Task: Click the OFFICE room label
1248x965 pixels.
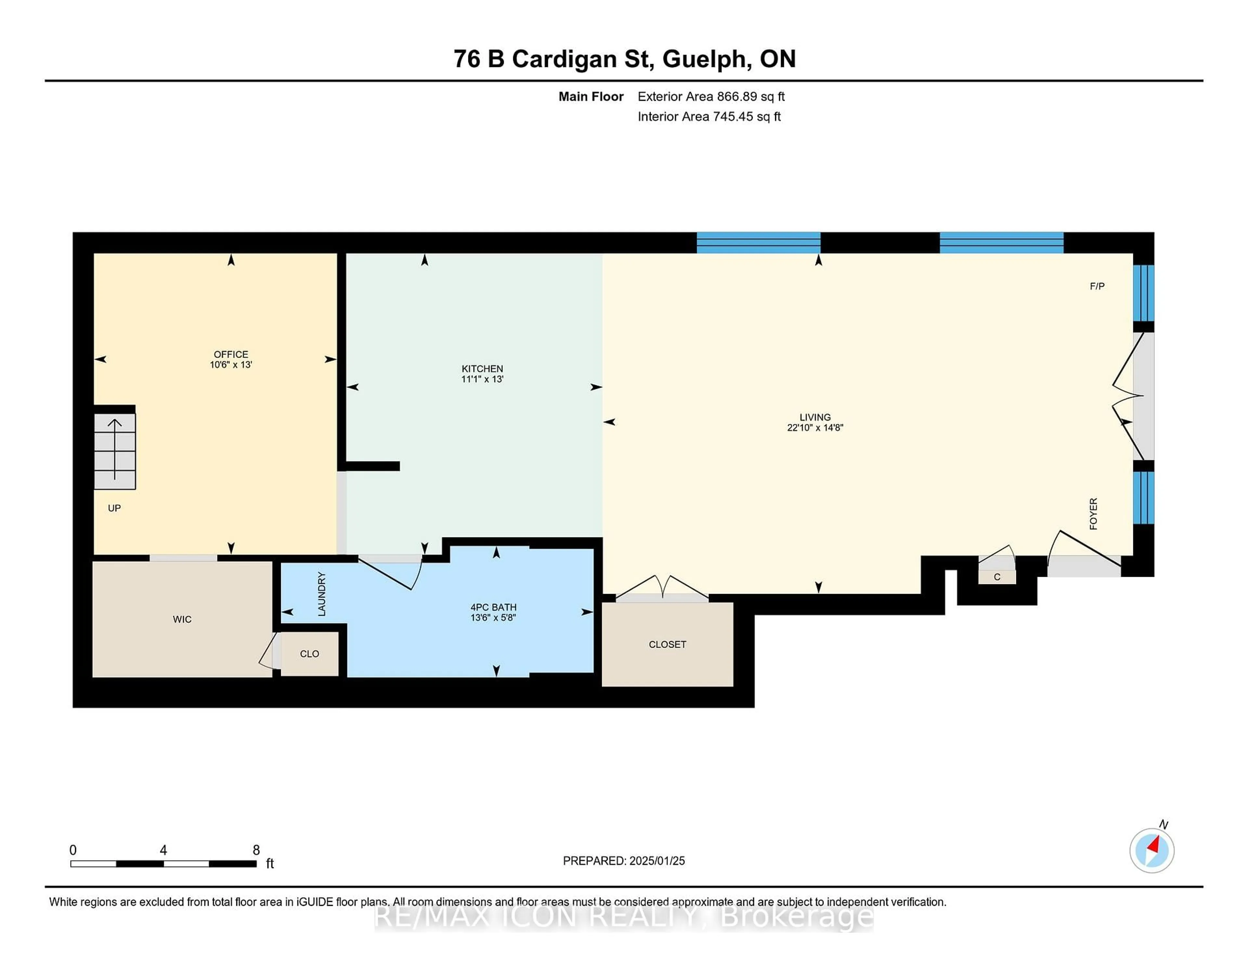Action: [x=231, y=354]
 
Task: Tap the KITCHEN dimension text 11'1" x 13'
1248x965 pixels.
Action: [x=482, y=379]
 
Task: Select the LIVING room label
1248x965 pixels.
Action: [x=815, y=417]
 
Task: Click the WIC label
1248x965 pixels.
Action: [x=182, y=619]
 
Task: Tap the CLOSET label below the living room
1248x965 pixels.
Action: [x=668, y=644]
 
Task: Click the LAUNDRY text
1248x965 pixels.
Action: [x=322, y=594]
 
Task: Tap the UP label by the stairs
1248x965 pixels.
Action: [x=114, y=508]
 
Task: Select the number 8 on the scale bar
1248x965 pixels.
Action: [x=256, y=850]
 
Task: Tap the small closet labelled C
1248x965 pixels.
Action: [x=997, y=577]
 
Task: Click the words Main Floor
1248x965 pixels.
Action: [x=591, y=97]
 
